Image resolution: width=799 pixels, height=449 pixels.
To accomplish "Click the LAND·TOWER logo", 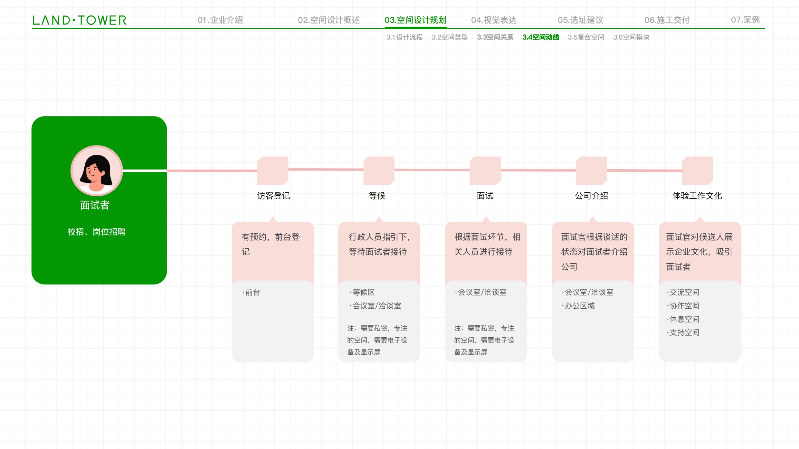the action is click(x=80, y=20).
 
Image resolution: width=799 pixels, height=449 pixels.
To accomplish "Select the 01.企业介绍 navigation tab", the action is click(x=220, y=20).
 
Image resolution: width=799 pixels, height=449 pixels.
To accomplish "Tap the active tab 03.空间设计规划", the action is click(x=415, y=20).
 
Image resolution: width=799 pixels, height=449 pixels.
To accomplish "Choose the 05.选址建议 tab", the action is click(x=580, y=20).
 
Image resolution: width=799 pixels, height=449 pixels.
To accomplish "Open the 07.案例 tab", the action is click(x=745, y=20).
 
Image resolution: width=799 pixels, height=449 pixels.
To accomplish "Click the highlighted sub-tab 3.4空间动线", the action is click(x=541, y=37).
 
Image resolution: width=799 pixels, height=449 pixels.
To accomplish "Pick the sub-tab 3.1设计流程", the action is click(x=404, y=37).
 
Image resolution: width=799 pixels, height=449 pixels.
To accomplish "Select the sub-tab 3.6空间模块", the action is click(x=631, y=37).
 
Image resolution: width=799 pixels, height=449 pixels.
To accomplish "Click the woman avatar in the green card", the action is click(x=97, y=171).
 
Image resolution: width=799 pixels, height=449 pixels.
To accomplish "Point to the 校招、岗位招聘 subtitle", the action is click(x=96, y=232).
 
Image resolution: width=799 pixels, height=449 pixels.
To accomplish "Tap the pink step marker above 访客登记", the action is click(x=273, y=171).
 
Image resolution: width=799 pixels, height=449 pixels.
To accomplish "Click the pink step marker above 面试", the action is click(x=485, y=171).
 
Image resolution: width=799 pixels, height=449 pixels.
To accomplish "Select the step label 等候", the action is click(x=377, y=196).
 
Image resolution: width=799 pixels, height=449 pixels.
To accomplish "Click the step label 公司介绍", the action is click(x=592, y=196).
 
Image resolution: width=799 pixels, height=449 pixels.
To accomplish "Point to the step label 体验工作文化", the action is click(x=697, y=196).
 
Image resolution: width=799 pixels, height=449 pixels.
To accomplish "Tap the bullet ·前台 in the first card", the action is click(x=251, y=292).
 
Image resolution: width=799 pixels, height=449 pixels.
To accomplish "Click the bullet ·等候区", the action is click(x=362, y=292).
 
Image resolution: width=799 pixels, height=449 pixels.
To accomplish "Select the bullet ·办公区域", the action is click(x=578, y=306).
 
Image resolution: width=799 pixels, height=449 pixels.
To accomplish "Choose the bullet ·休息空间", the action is click(x=683, y=319).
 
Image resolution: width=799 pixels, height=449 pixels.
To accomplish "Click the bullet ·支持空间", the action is click(x=683, y=332).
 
